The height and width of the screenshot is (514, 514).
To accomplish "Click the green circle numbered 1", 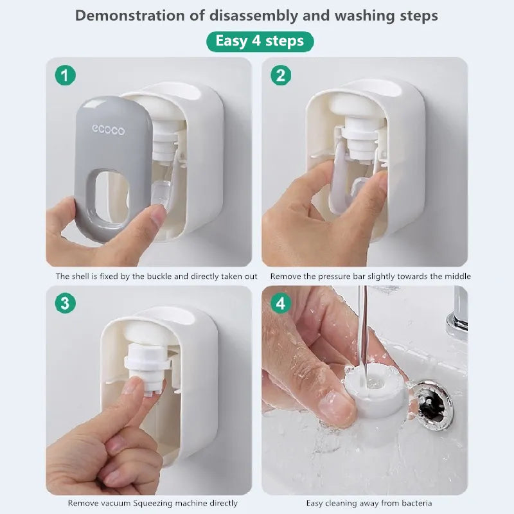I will pos(65,75).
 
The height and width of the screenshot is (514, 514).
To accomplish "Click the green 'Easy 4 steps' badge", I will pos(260,42).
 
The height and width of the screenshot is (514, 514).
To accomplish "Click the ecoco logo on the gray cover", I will pos(108,130).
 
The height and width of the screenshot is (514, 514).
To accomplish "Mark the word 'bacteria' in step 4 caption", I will pos(414,503).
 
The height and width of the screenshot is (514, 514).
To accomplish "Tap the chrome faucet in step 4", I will pos(458,315).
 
